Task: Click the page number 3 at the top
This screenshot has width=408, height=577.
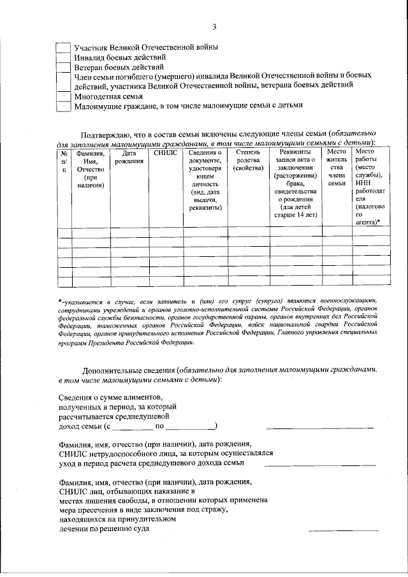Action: (215, 26)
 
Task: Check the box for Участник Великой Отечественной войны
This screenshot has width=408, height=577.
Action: (63, 48)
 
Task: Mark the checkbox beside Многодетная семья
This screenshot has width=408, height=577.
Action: (63, 96)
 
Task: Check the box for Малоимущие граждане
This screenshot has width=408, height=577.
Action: (63, 106)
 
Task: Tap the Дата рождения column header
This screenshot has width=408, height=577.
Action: (129, 157)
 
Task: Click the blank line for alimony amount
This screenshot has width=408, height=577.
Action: (319, 427)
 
